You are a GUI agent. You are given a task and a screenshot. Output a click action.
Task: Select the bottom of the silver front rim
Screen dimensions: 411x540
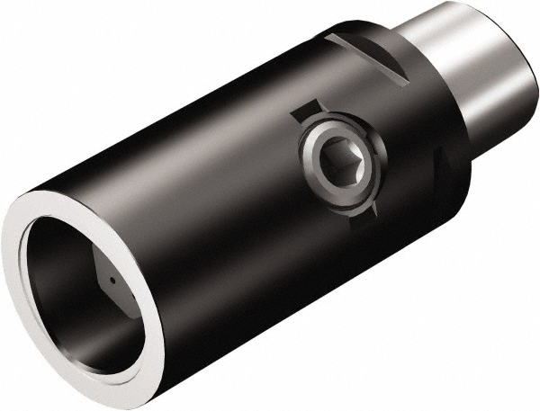pyautogui.click(x=135, y=387)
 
